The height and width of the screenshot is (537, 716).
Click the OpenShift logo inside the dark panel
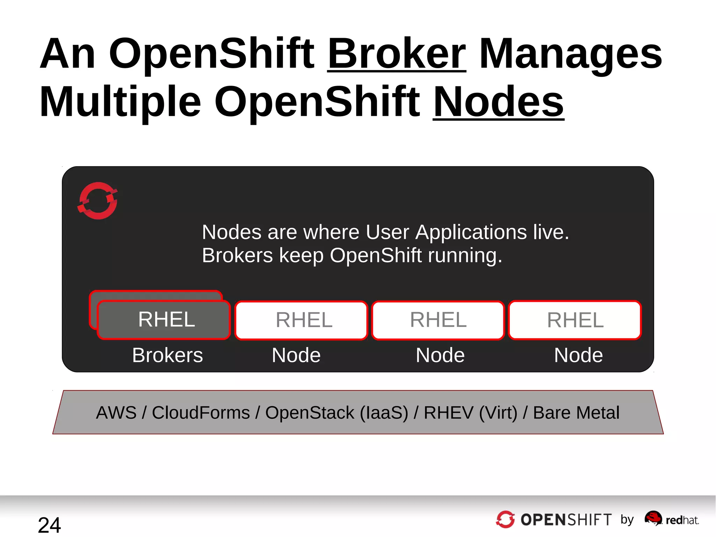click(x=98, y=201)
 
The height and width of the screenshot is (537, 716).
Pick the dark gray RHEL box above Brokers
click(x=164, y=320)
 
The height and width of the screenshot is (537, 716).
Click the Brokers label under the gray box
click(x=167, y=355)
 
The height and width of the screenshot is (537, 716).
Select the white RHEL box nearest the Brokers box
click(x=301, y=320)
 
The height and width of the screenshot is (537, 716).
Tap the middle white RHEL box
click(x=438, y=320)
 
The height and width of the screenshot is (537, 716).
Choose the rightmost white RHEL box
click(x=575, y=320)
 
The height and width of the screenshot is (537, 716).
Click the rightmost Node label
click(x=578, y=355)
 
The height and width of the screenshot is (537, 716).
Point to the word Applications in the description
click(x=471, y=232)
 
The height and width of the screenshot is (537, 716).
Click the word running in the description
click(x=465, y=255)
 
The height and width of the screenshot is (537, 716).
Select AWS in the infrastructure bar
click(x=116, y=412)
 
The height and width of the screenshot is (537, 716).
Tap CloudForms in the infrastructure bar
click(x=201, y=412)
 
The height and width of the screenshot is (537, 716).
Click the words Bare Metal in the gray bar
click(x=576, y=412)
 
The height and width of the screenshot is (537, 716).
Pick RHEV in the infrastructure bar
click(x=448, y=412)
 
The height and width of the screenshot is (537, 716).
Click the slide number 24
click(x=49, y=525)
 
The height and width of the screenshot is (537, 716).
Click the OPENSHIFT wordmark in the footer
click(x=566, y=520)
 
